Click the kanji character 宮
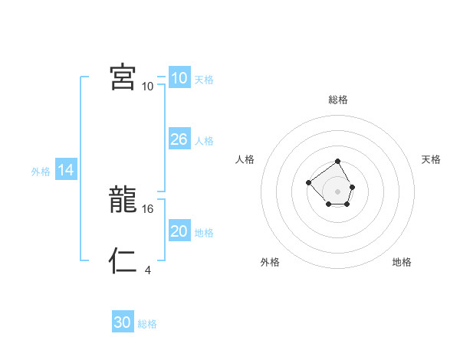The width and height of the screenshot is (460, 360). (x=123, y=77)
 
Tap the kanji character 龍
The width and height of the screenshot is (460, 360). (x=123, y=201)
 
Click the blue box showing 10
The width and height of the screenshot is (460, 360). (x=179, y=78)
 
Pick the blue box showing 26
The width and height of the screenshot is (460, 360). (x=179, y=139)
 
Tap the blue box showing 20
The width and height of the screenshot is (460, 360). (x=179, y=231)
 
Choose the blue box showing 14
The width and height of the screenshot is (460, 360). (x=66, y=170)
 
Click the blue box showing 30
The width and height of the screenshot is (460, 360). (x=123, y=322)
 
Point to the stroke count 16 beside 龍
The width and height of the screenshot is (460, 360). (x=148, y=208)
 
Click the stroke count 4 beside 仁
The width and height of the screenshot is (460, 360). (x=147, y=270)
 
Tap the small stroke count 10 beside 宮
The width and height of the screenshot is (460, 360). (x=147, y=86)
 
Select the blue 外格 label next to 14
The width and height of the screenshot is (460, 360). (x=41, y=172)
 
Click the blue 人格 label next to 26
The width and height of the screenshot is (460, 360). (x=204, y=141)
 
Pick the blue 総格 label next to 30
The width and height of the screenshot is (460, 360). (x=147, y=324)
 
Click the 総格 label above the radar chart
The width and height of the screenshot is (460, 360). (x=338, y=100)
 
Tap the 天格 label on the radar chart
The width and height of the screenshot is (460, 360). (x=431, y=159)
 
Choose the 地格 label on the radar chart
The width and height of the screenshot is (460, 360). (x=402, y=262)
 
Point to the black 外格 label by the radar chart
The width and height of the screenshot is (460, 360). (x=270, y=262)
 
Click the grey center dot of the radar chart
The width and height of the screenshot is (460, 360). (x=338, y=191)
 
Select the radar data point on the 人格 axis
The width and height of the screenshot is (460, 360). (x=308, y=182)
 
